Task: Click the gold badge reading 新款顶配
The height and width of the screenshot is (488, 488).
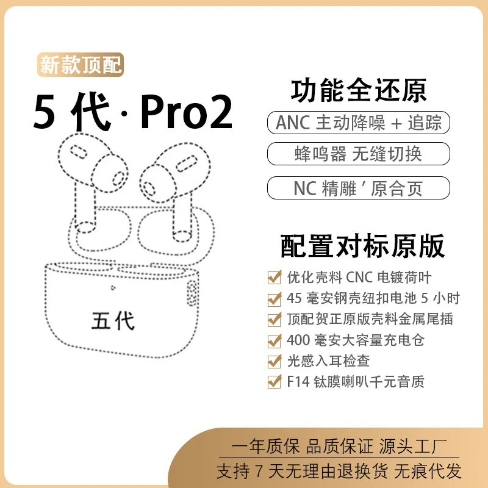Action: (x=81, y=65)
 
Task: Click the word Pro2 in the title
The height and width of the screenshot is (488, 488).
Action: (x=186, y=113)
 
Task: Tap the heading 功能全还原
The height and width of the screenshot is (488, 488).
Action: (x=358, y=91)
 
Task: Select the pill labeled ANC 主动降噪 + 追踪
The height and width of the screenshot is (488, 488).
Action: (x=358, y=123)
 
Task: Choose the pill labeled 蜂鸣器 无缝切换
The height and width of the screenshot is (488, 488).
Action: (x=358, y=154)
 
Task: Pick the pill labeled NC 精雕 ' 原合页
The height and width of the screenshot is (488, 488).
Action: (x=358, y=187)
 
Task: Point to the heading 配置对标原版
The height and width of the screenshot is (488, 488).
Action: (x=362, y=245)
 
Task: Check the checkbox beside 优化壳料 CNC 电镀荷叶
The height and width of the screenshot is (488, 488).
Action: (x=274, y=278)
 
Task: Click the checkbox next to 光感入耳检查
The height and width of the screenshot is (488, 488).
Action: (x=274, y=361)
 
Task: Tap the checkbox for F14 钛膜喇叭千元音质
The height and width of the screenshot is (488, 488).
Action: (x=274, y=382)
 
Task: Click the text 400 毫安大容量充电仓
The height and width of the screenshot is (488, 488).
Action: (x=355, y=340)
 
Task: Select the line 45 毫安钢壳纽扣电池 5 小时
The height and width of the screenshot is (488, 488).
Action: (x=373, y=298)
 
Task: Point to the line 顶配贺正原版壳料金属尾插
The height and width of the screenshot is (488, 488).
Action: (x=370, y=319)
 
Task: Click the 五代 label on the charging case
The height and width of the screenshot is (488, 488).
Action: (x=113, y=320)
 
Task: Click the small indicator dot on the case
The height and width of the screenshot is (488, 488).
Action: (x=113, y=289)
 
